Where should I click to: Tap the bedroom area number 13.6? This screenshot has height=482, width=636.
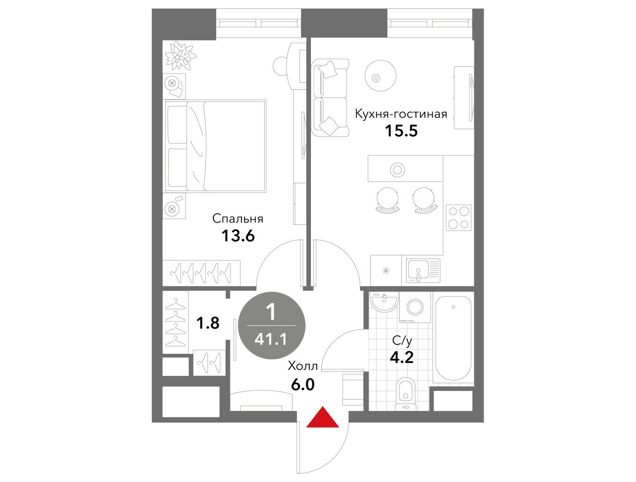(238, 236)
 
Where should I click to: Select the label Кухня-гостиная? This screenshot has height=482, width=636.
(401, 114)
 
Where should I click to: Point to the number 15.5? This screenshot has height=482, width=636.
(401, 130)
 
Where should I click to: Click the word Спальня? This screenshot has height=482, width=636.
(237, 219)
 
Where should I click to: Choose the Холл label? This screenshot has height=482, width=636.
(303, 366)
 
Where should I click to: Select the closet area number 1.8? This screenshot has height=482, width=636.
(208, 323)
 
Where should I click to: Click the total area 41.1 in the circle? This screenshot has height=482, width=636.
(270, 339)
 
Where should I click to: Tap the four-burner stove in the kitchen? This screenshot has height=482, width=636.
(458, 218)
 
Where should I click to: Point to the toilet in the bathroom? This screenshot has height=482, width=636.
(406, 394)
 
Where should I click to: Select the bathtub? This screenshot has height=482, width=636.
(454, 338)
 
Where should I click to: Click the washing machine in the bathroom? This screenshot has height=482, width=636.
(416, 307)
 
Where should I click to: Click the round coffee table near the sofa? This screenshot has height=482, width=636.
(380, 76)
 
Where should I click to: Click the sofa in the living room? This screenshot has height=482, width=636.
(330, 98)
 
